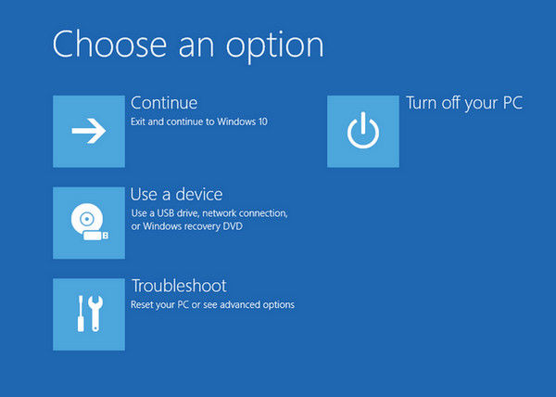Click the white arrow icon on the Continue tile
(x=89, y=131)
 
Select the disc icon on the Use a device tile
(x=86, y=219)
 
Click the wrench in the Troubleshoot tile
(x=95, y=314)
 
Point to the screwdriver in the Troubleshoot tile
(x=81, y=314)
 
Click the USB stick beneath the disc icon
(x=95, y=236)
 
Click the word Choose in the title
(x=109, y=45)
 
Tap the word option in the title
(x=275, y=48)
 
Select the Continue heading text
(x=164, y=103)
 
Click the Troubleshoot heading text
(x=179, y=286)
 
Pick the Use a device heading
(x=176, y=195)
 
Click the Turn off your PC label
(x=464, y=103)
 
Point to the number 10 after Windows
(x=263, y=122)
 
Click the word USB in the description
(x=165, y=213)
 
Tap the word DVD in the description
(x=233, y=226)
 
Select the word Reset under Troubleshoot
(x=139, y=305)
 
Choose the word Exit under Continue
(x=138, y=122)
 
